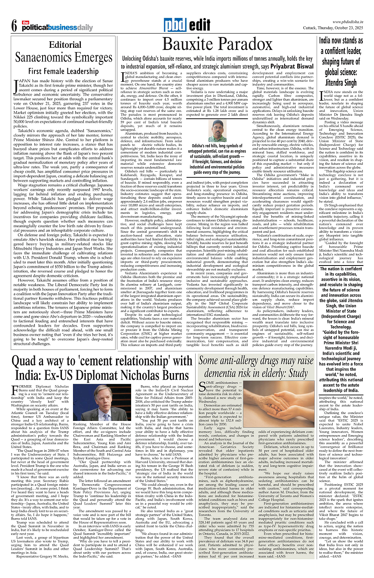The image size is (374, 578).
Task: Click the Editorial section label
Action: point(65,45)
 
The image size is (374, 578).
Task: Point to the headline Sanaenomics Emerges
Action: point(64,57)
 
